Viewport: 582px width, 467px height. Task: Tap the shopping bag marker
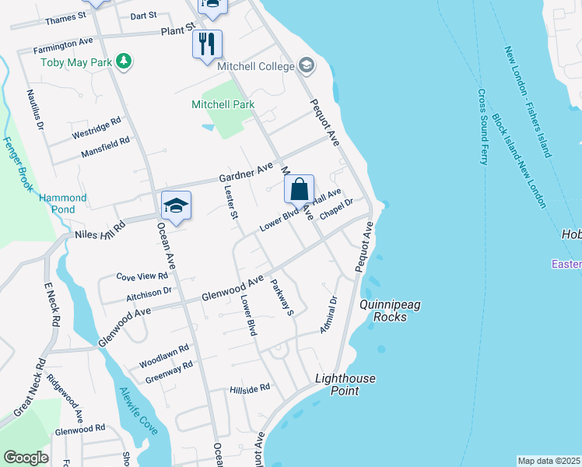[x=299, y=188]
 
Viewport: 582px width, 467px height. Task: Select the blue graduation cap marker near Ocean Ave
[x=177, y=205]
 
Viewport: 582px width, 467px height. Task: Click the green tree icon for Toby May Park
[x=122, y=60]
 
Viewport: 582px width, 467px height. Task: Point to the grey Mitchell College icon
[x=306, y=65]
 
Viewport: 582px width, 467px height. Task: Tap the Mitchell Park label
[x=222, y=104]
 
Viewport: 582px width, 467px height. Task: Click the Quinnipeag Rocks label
[x=389, y=311]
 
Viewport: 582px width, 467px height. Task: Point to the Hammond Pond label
[x=58, y=204]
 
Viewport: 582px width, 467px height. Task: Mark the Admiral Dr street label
[x=328, y=314]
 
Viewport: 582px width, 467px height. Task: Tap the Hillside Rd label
[x=249, y=388]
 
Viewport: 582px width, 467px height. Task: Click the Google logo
[x=26, y=458]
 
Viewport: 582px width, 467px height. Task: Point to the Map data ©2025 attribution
[x=549, y=461]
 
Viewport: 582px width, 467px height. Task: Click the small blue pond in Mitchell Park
[x=207, y=126]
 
